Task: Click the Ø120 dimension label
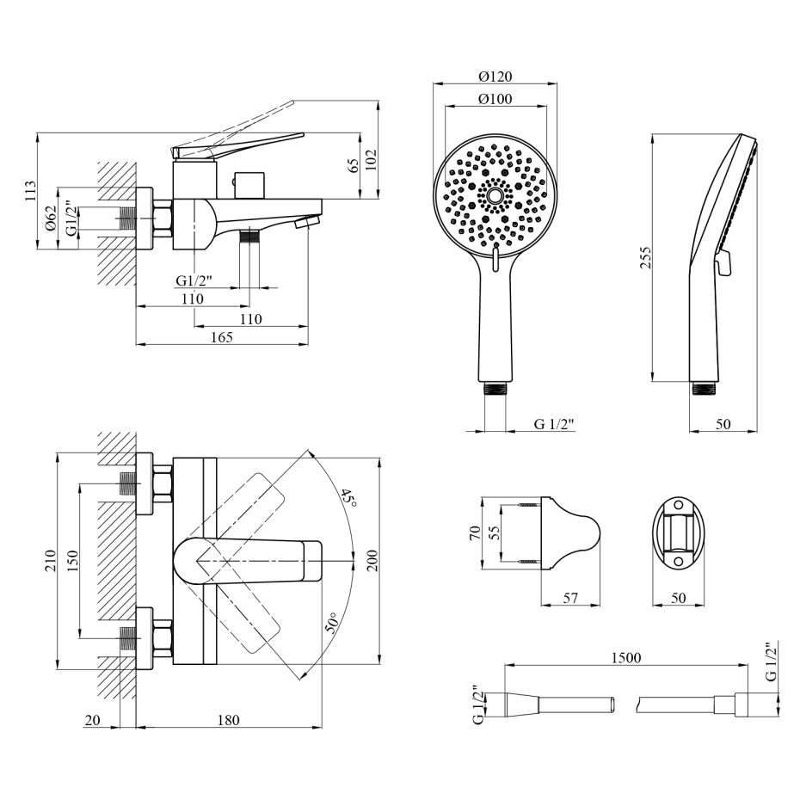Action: (495, 77)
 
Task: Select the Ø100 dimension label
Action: (495, 98)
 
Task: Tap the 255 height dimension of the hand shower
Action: (646, 258)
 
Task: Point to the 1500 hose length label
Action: (626, 658)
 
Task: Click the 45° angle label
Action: (349, 496)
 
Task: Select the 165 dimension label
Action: (222, 336)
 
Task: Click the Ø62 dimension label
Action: (51, 218)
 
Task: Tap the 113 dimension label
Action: (31, 191)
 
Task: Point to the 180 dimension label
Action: (228, 719)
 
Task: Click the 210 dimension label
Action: (50, 561)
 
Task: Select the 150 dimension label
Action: (72, 561)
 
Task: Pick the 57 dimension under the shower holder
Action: (570, 597)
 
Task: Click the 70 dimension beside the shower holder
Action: (475, 533)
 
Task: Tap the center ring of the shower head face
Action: (495, 196)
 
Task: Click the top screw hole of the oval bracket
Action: (679, 505)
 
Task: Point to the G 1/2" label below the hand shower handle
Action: (555, 424)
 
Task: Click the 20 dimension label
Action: (92, 719)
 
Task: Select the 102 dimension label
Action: (371, 160)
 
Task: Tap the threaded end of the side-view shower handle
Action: (705, 388)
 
